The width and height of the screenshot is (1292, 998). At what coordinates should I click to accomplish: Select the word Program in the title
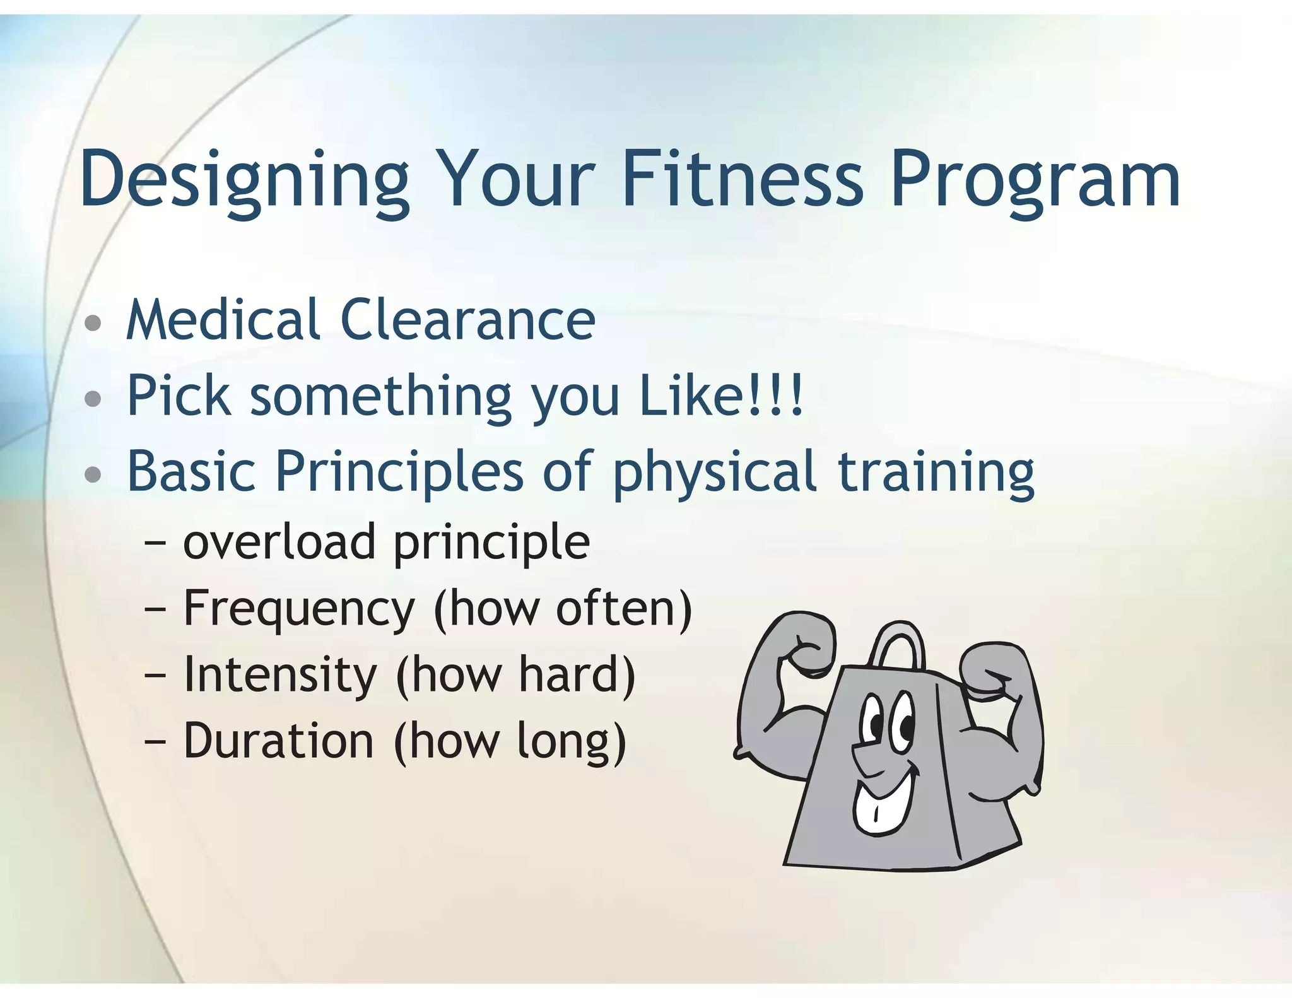click(1035, 180)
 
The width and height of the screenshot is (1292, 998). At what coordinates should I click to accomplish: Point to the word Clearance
click(467, 320)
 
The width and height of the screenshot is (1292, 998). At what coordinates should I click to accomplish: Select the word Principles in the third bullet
click(399, 472)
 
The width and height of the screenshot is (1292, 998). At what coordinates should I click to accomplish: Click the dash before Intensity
click(155, 675)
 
